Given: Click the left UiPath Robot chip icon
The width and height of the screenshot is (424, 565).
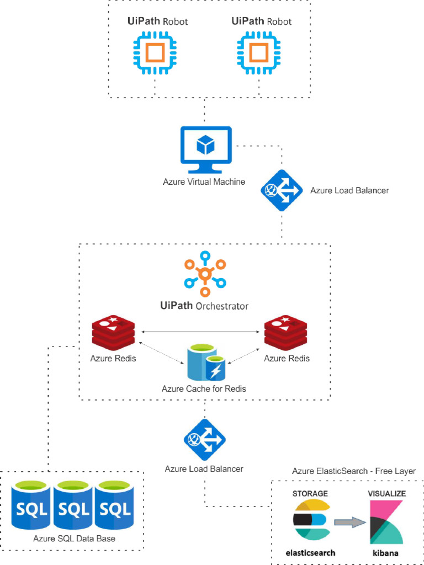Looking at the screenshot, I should click(154, 53).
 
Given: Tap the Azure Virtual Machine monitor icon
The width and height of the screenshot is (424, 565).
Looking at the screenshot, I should click(205, 150).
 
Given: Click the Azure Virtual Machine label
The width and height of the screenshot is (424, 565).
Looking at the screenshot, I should click(204, 182).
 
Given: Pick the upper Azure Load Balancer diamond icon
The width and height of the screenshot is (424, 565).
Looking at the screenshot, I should click(282, 190).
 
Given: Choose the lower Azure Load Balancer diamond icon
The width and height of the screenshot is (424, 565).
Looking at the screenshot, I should click(205, 439).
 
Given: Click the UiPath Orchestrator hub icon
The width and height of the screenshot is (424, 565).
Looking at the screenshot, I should click(205, 273).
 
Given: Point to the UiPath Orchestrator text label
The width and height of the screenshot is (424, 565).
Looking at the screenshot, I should click(204, 306).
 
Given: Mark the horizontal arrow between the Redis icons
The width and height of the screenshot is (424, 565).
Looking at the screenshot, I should click(200, 332).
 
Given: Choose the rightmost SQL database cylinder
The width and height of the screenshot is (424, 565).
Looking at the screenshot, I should click(114, 505).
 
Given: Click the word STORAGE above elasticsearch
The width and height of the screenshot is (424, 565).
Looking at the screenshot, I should click(310, 493).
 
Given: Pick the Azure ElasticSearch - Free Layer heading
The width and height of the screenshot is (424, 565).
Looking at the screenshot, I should click(354, 471).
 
